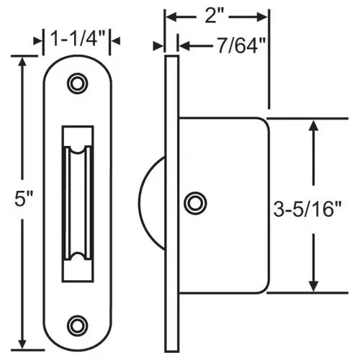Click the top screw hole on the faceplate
tap(76, 84)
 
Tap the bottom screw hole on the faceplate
tap(76, 323)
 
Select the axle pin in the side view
tap(193, 204)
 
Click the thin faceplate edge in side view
tap(171, 204)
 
